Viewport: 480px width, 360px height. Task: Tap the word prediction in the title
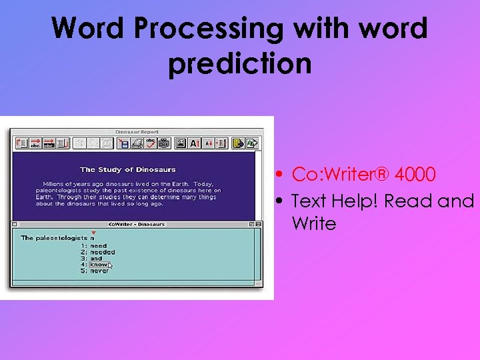(x=240, y=65)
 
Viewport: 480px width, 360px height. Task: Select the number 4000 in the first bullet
(x=415, y=175)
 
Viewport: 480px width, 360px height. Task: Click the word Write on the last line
(x=314, y=224)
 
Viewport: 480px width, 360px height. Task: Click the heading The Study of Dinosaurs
(x=128, y=170)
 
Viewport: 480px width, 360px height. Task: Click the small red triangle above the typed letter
(x=93, y=232)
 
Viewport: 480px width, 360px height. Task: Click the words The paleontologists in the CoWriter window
(x=54, y=238)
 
